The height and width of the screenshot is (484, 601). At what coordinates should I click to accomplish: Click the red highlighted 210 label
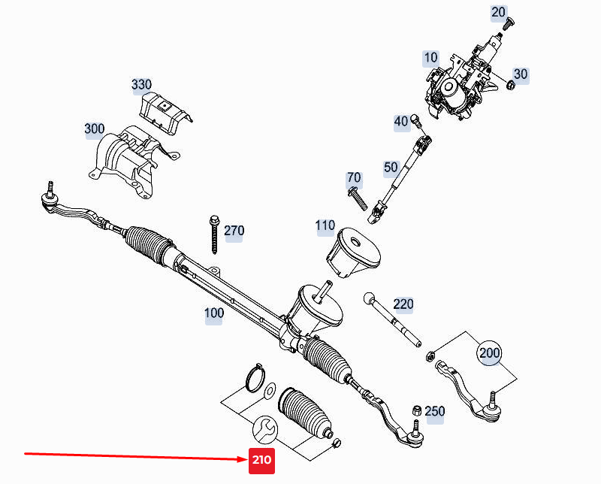coord(262,460)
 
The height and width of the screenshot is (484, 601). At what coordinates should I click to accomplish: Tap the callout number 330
coord(141,84)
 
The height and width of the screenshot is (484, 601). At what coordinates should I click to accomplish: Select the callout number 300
coord(95,129)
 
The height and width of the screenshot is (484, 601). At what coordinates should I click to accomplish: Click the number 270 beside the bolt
coord(234,231)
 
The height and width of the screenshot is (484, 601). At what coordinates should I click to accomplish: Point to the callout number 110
coord(325,225)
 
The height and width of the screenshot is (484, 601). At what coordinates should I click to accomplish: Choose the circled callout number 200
coord(489,352)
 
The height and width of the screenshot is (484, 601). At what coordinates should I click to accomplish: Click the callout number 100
coord(214,313)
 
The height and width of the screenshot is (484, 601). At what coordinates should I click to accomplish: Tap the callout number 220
coord(403,304)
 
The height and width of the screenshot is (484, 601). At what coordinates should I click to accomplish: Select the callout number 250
coord(434,411)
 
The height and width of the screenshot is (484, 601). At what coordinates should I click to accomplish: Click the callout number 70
coord(354,178)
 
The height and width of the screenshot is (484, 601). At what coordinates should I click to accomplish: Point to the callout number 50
coord(391,168)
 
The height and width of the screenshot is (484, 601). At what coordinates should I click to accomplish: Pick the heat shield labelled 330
coord(167,113)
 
